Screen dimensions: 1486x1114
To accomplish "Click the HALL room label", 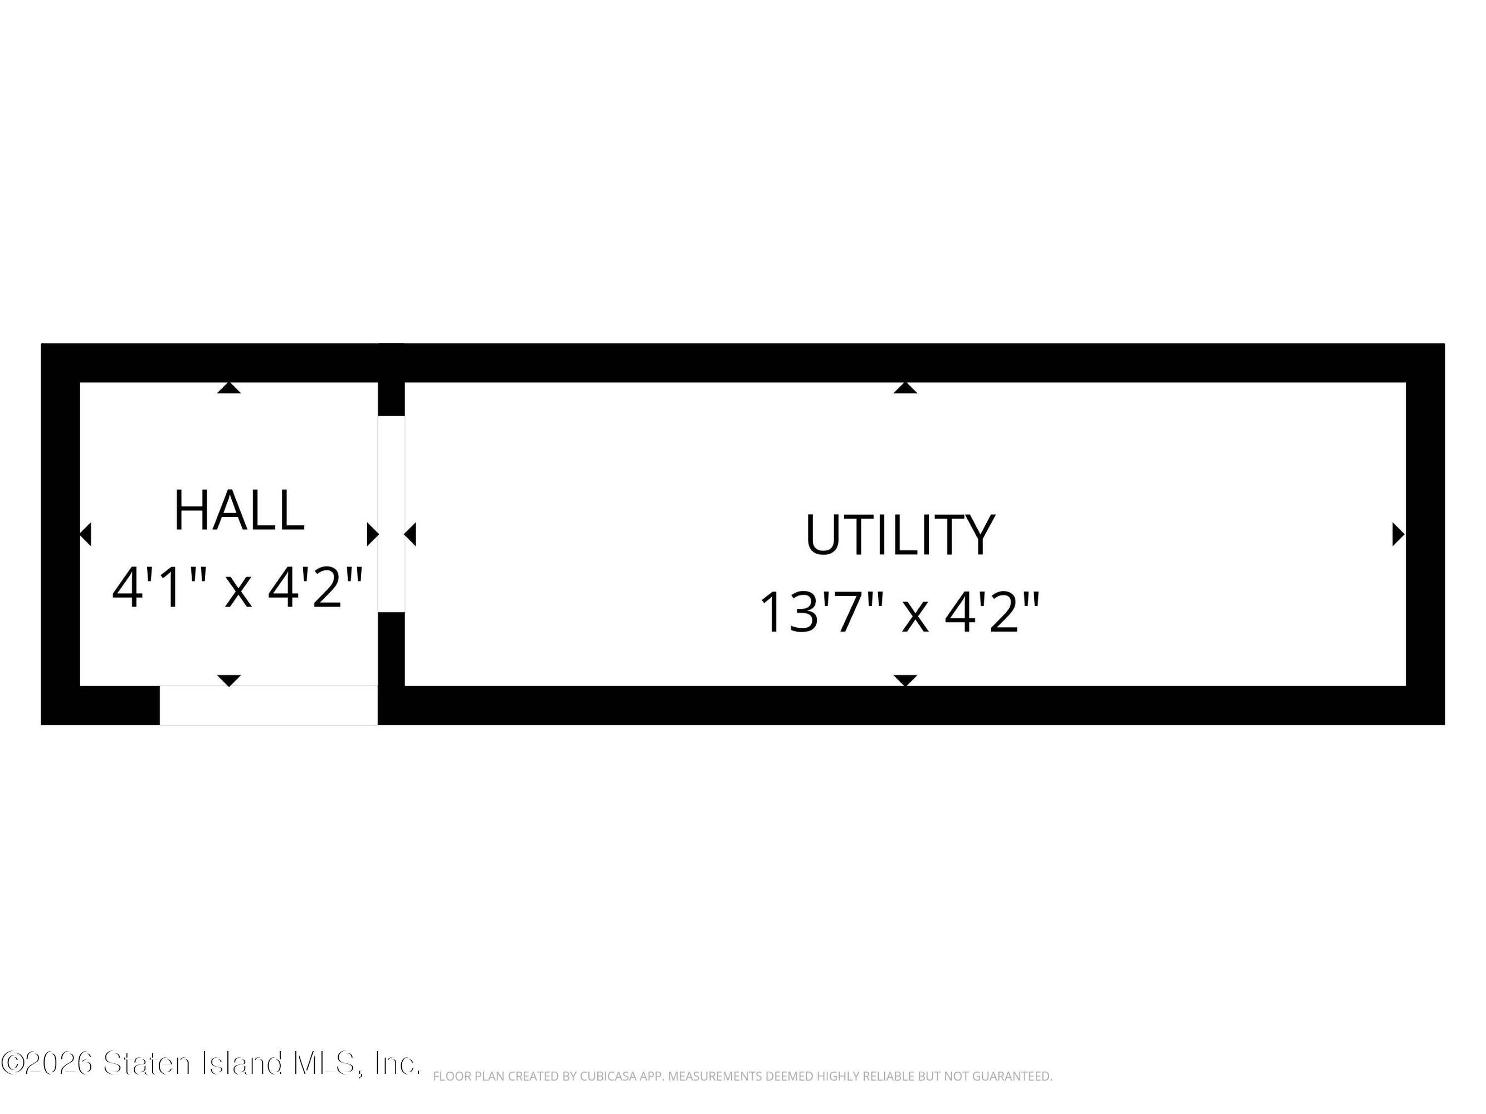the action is tap(239, 510).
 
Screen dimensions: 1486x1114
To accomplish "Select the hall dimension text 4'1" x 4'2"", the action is tap(238, 588).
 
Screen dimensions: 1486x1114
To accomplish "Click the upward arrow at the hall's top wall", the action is tap(229, 388).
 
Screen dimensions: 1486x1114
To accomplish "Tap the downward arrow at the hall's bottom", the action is tap(229, 681).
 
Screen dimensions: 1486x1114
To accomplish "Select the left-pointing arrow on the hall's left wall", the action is tap(85, 535).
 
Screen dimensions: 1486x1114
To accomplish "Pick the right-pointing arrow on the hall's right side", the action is tap(373, 535).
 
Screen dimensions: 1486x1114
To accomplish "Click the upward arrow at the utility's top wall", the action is tap(905, 388).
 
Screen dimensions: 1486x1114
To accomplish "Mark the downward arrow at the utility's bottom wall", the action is tap(905, 681).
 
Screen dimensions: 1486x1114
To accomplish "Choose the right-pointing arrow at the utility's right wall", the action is tap(1399, 535).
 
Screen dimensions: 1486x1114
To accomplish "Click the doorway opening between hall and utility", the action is tap(391, 514).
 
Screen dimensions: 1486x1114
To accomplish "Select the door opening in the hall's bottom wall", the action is tap(269, 705).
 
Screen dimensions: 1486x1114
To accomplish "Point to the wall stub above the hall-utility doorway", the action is tap(391, 399).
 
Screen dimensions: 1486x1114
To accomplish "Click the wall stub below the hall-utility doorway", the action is tap(391, 649).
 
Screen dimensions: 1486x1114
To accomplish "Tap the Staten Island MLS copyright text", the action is tap(211, 1063).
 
